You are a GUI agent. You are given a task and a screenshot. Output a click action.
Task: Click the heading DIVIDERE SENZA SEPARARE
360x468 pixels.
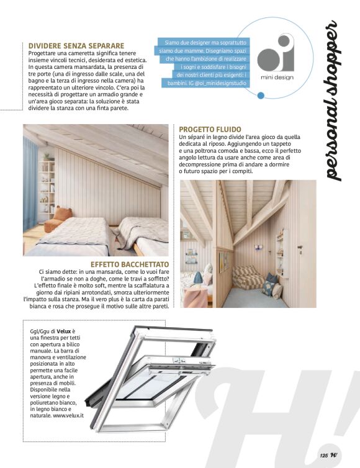pos(76,45)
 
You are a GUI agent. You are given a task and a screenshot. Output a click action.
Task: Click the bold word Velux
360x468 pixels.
pos(65,331)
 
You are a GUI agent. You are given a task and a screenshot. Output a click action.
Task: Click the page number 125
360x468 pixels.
pos(323,455)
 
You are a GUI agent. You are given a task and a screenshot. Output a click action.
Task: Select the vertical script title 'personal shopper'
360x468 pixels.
pos(333,102)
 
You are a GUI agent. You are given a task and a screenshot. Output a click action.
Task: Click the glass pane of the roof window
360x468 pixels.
pos(149,385)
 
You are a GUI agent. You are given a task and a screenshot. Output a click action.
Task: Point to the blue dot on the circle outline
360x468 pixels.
pos(261,96)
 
